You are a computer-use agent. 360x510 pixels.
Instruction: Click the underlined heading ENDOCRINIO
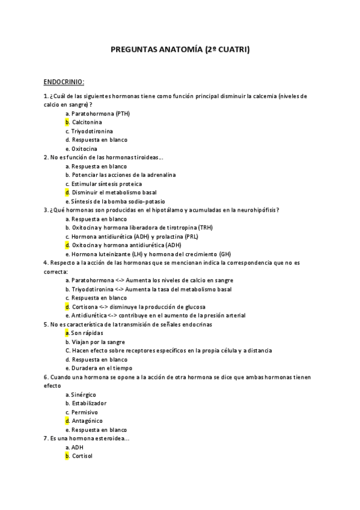coord(64,81)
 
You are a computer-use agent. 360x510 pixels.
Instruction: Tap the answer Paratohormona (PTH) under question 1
coord(100,114)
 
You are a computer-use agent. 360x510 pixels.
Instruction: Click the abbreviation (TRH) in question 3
coord(206,227)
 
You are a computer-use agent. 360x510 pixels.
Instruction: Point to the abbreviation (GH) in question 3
coord(225,254)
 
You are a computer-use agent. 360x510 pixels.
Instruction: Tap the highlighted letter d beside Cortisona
coord(67,307)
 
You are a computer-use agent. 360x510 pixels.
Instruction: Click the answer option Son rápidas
coord(87,333)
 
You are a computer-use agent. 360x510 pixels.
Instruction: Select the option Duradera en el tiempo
coord(102,368)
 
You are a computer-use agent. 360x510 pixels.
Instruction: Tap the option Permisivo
coord(85,412)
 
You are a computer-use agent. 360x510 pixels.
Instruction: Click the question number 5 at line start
coord(46,324)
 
